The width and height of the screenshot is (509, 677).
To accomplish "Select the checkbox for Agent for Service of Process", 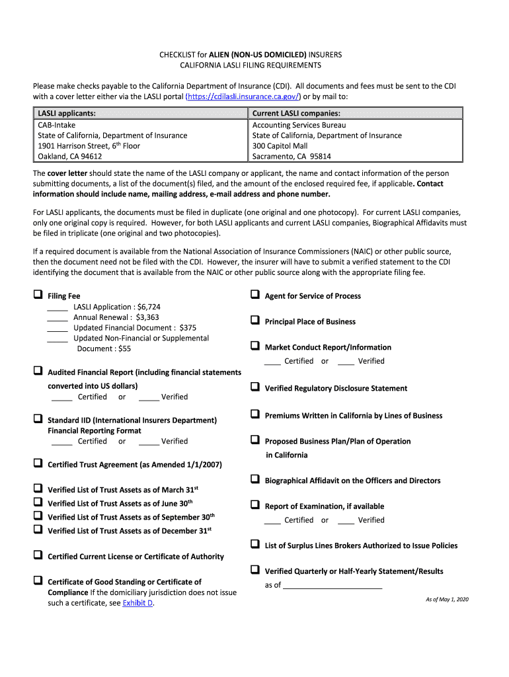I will [255, 295].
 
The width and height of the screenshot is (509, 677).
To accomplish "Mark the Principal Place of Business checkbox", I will [255, 321].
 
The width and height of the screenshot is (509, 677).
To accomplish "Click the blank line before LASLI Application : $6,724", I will [58, 307].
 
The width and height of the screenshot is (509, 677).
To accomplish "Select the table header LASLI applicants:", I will [66, 114].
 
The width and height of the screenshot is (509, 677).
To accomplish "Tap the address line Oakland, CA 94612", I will [69, 157].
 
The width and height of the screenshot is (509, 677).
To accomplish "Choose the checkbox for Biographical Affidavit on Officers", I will [255, 479].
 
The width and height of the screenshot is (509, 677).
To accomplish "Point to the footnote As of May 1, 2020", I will [446, 600].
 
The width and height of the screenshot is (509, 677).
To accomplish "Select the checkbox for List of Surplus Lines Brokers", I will [255, 544].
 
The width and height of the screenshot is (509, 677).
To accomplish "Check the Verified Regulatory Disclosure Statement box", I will [255, 387].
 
